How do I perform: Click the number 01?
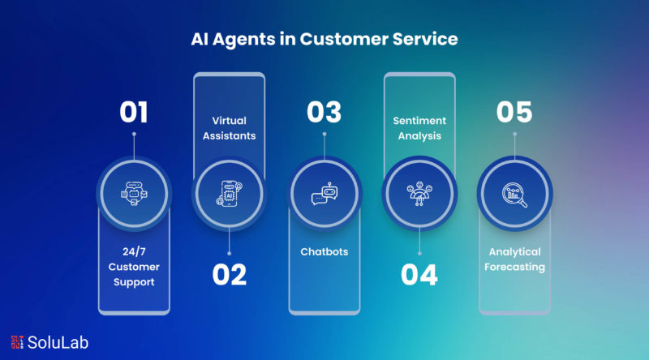pyautogui.click(x=134, y=112)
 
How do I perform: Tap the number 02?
pyautogui.click(x=230, y=275)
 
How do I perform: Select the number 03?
pyautogui.click(x=324, y=112)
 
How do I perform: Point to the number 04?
pyautogui.click(x=419, y=275)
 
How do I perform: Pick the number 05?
pyautogui.click(x=514, y=112)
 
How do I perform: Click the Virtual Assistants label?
pyautogui.click(x=230, y=128)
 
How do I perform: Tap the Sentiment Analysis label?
pyautogui.click(x=419, y=128)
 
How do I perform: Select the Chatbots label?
pyautogui.click(x=324, y=251)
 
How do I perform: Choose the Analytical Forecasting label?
pyautogui.click(x=514, y=259)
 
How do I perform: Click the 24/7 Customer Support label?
pyautogui.click(x=134, y=267)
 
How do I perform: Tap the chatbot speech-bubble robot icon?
pyautogui.click(x=324, y=194)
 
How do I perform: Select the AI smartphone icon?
pyautogui.click(x=230, y=194)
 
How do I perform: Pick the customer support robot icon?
pyautogui.click(x=134, y=194)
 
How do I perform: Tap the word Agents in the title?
pyautogui.click(x=244, y=40)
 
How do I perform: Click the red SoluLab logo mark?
pyautogui.click(x=17, y=342)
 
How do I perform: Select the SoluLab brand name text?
pyautogui.click(x=58, y=343)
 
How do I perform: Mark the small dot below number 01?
pyautogui.click(x=134, y=134)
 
